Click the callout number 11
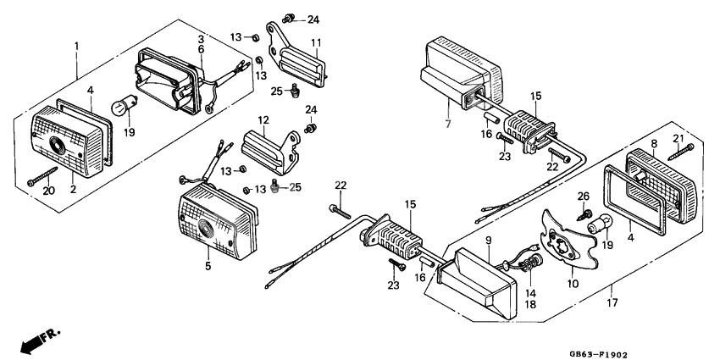coord(315,43)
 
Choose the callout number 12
coord(263,120)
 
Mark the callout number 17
coord(611,300)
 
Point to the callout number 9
coord(489,241)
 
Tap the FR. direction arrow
coord(32,341)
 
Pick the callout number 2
coord(74,189)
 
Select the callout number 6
coord(201,50)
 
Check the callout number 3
coord(201,39)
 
